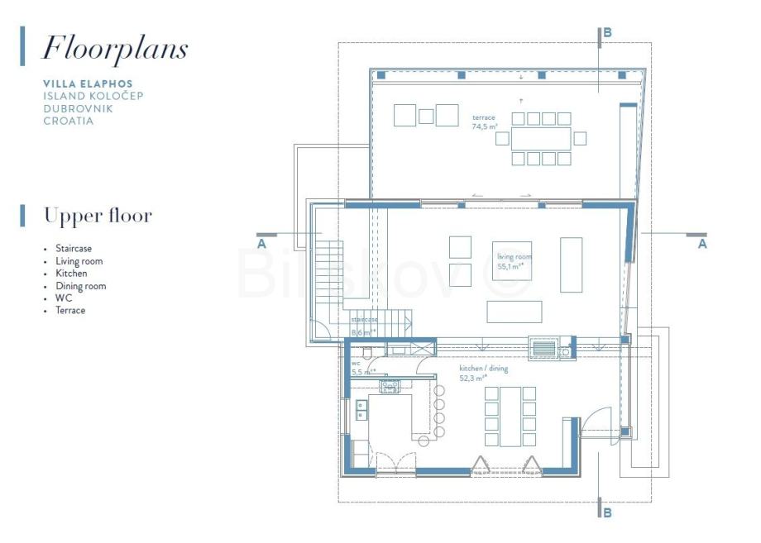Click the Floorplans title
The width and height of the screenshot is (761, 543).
pyautogui.click(x=115, y=49)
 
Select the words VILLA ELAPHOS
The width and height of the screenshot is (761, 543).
pyautogui.click(x=88, y=83)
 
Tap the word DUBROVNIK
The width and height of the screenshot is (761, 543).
pyautogui.click(x=78, y=108)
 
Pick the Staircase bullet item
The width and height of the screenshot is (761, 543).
pyautogui.click(x=74, y=248)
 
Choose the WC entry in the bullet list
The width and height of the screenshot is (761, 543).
pyautogui.click(x=64, y=298)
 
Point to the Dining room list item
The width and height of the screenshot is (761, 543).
pyautogui.click(x=80, y=286)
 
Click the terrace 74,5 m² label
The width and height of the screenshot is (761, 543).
pyautogui.click(x=485, y=122)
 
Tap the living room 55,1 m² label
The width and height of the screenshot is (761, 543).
pyautogui.click(x=514, y=262)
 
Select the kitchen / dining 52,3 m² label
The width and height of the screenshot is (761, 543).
pyautogui.click(x=483, y=374)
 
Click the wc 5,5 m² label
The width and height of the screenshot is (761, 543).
pyautogui.click(x=363, y=369)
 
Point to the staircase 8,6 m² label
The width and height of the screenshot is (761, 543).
pyautogui.click(x=364, y=326)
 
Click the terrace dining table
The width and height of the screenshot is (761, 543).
pyautogui.click(x=541, y=139)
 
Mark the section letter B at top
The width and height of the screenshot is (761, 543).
pyautogui.click(x=607, y=33)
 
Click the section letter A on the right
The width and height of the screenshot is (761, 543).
pyautogui.click(x=702, y=244)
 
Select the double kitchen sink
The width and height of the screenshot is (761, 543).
pyautogui.click(x=361, y=410)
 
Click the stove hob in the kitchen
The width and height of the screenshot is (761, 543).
pyautogui.click(x=390, y=387)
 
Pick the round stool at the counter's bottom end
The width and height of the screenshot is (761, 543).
pyautogui.click(x=424, y=441)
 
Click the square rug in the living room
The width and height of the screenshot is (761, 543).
pyautogui.click(x=512, y=261)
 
